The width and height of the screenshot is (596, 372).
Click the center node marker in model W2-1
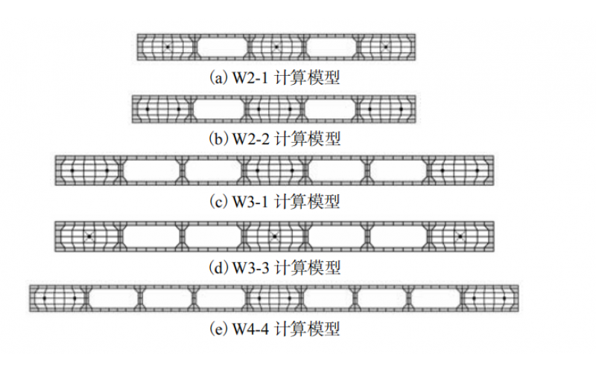(x=276, y=47)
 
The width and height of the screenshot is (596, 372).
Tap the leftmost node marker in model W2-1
(x=168, y=47)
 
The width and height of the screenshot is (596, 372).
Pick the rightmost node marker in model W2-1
(x=385, y=47)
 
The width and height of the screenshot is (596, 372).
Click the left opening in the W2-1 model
(x=222, y=47)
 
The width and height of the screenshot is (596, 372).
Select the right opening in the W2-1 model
(x=331, y=47)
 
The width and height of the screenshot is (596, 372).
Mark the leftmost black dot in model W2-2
(x=148, y=109)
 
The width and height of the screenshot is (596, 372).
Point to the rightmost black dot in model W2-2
(x=401, y=109)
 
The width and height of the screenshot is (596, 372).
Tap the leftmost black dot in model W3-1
(x=72, y=171)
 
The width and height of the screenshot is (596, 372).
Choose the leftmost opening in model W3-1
(x=150, y=171)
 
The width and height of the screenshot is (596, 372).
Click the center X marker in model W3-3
(x=275, y=236)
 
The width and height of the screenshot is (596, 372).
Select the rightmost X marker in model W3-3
(x=460, y=236)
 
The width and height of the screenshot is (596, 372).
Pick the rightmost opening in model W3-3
(x=398, y=236)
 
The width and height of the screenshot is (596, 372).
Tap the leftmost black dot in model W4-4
(x=44, y=298)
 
